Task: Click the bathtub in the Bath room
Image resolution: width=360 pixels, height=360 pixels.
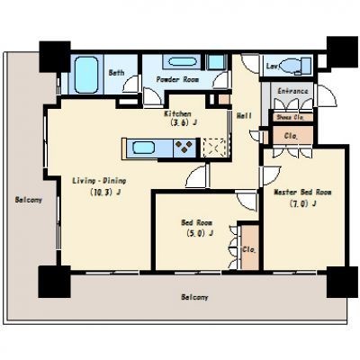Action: (x=86, y=75)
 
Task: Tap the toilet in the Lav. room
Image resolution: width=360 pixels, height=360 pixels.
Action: (x=295, y=65)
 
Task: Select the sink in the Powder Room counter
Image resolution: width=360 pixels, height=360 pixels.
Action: (x=183, y=62)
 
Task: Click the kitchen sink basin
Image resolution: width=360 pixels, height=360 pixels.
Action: (x=144, y=148)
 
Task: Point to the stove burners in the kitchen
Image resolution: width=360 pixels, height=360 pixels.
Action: (x=184, y=147)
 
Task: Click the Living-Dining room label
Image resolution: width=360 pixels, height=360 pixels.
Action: (x=99, y=181)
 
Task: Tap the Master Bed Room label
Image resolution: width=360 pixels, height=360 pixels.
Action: (x=302, y=193)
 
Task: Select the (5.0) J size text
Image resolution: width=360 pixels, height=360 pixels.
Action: (x=200, y=233)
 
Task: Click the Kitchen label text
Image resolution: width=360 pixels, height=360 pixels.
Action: (x=177, y=114)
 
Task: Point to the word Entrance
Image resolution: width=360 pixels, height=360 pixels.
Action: (x=292, y=91)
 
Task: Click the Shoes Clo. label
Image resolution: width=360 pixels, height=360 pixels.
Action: (x=290, y=117)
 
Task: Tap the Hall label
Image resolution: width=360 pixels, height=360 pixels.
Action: (x=244, y=115)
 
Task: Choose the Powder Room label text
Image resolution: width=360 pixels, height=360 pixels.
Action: (x=177, y=79)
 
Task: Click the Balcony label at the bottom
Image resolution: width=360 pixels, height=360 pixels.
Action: (x=194, y=297)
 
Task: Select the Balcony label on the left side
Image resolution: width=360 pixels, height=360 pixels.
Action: (x=29, y=200)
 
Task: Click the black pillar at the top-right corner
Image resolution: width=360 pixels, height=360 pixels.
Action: (x=342, y=52)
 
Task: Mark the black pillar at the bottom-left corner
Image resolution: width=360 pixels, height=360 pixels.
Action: (x=55, y=282)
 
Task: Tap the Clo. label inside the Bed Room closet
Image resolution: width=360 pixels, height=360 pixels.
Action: (x=249, y=249)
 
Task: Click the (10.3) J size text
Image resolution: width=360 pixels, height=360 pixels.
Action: (x=105, y=193)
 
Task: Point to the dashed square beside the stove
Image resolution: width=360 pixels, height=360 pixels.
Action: (x=214, y=148)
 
